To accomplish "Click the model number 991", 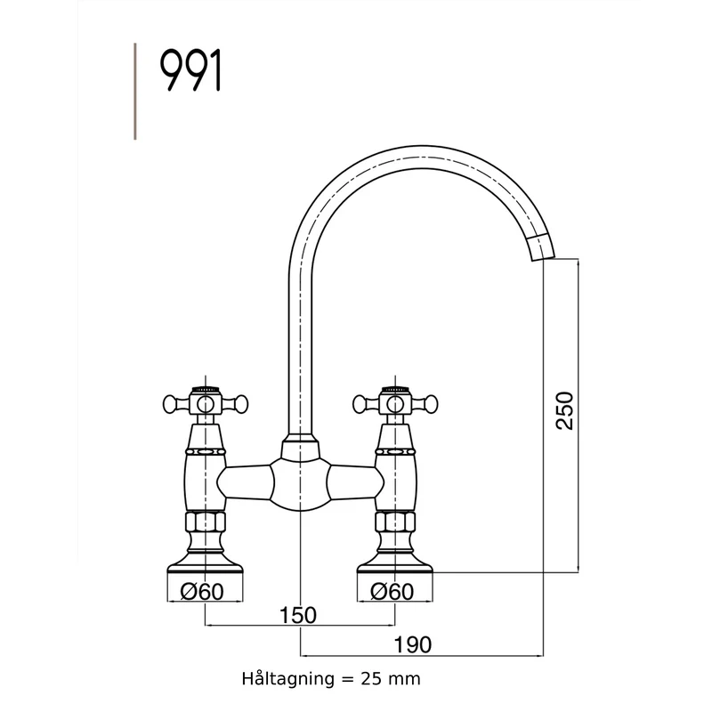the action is (190, 71).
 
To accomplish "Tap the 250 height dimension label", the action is (565, 410).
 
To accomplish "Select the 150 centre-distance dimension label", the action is (298, 615).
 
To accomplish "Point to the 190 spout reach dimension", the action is (412, 644).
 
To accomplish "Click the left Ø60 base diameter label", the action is (202, 592).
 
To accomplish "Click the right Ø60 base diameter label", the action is (392, 592).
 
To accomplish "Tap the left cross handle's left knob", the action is (170, 404).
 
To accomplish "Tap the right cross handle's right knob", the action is (431, 404).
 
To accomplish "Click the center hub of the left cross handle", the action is (206, 404).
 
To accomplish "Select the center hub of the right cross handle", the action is (395, 404).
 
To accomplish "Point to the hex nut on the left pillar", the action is (206, 522).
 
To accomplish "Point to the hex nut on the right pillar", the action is (395, 522).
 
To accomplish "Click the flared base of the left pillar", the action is (206, 563).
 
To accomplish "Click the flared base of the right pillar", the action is (395, 563).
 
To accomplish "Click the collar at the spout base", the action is (300, 447).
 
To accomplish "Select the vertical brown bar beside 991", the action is (135, 92).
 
